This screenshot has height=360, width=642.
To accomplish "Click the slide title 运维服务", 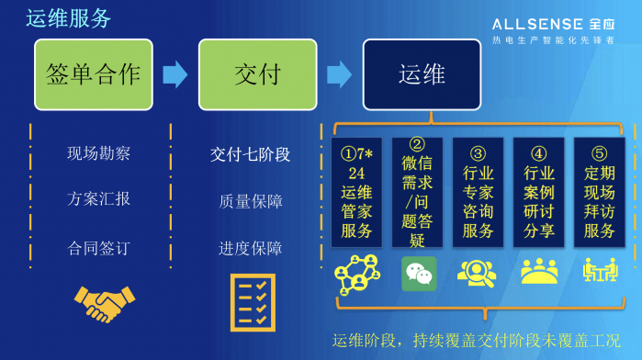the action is tap(69, 17).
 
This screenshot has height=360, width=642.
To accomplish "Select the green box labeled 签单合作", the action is tap(94, 73).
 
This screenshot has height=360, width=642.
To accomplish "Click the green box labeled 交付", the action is tap(257, 73).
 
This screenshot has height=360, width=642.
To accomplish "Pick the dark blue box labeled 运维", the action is tap(422, 73).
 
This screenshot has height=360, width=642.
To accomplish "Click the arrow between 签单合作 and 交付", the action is tap(175, 73).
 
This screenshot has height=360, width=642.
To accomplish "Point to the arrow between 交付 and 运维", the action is tap(339, 73).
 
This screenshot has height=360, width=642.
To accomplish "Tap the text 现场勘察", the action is tap(99, 153).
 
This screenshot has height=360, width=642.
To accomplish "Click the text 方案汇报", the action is tap(99, 198).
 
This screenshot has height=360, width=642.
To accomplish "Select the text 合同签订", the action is tap(99, 248).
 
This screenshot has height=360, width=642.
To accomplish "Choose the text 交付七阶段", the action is tap(250, 153).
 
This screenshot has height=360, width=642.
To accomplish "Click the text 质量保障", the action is tap(250, 200).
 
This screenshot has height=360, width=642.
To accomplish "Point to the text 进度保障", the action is tap(250, 248).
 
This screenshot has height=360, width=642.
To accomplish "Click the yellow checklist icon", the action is tap(253, 302).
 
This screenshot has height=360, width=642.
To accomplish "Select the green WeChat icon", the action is tap(419, 273).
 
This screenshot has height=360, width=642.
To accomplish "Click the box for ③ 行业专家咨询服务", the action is tap(478, 192).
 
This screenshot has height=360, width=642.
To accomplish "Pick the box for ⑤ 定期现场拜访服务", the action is tap(599, 192).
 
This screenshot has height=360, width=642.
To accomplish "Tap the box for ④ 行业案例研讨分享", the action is tap(538, 192).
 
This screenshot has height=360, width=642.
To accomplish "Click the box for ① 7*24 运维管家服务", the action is tap(356, 192).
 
